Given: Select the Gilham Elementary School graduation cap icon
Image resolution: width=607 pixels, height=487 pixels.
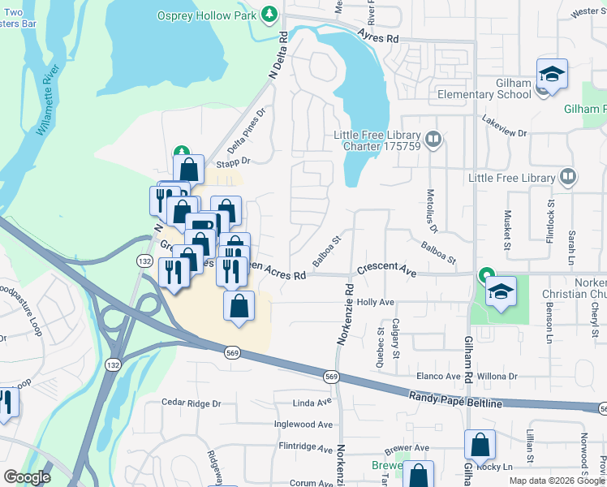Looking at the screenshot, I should pyautogui.click(x=552, y=74).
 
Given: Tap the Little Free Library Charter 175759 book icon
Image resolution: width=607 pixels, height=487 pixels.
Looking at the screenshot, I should pyautogui.click(x=433, y=140).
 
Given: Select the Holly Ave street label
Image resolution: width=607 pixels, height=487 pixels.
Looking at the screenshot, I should pyautogui.click(x=374, y=302).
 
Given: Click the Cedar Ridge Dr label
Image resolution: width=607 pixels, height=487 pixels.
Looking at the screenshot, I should pyautogui.click(x=192, y=403).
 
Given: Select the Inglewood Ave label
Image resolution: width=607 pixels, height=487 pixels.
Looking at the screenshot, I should pyautogui.click(x=303, y=424).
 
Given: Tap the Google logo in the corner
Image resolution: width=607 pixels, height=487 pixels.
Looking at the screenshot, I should pyautogui.click(x=27, y=477).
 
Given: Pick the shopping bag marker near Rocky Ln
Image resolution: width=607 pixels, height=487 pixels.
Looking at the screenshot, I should pyautogui.click(x=480, y=446).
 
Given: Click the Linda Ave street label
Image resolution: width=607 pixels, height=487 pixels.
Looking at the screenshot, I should pyautogui.click(x=312, y=402).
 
